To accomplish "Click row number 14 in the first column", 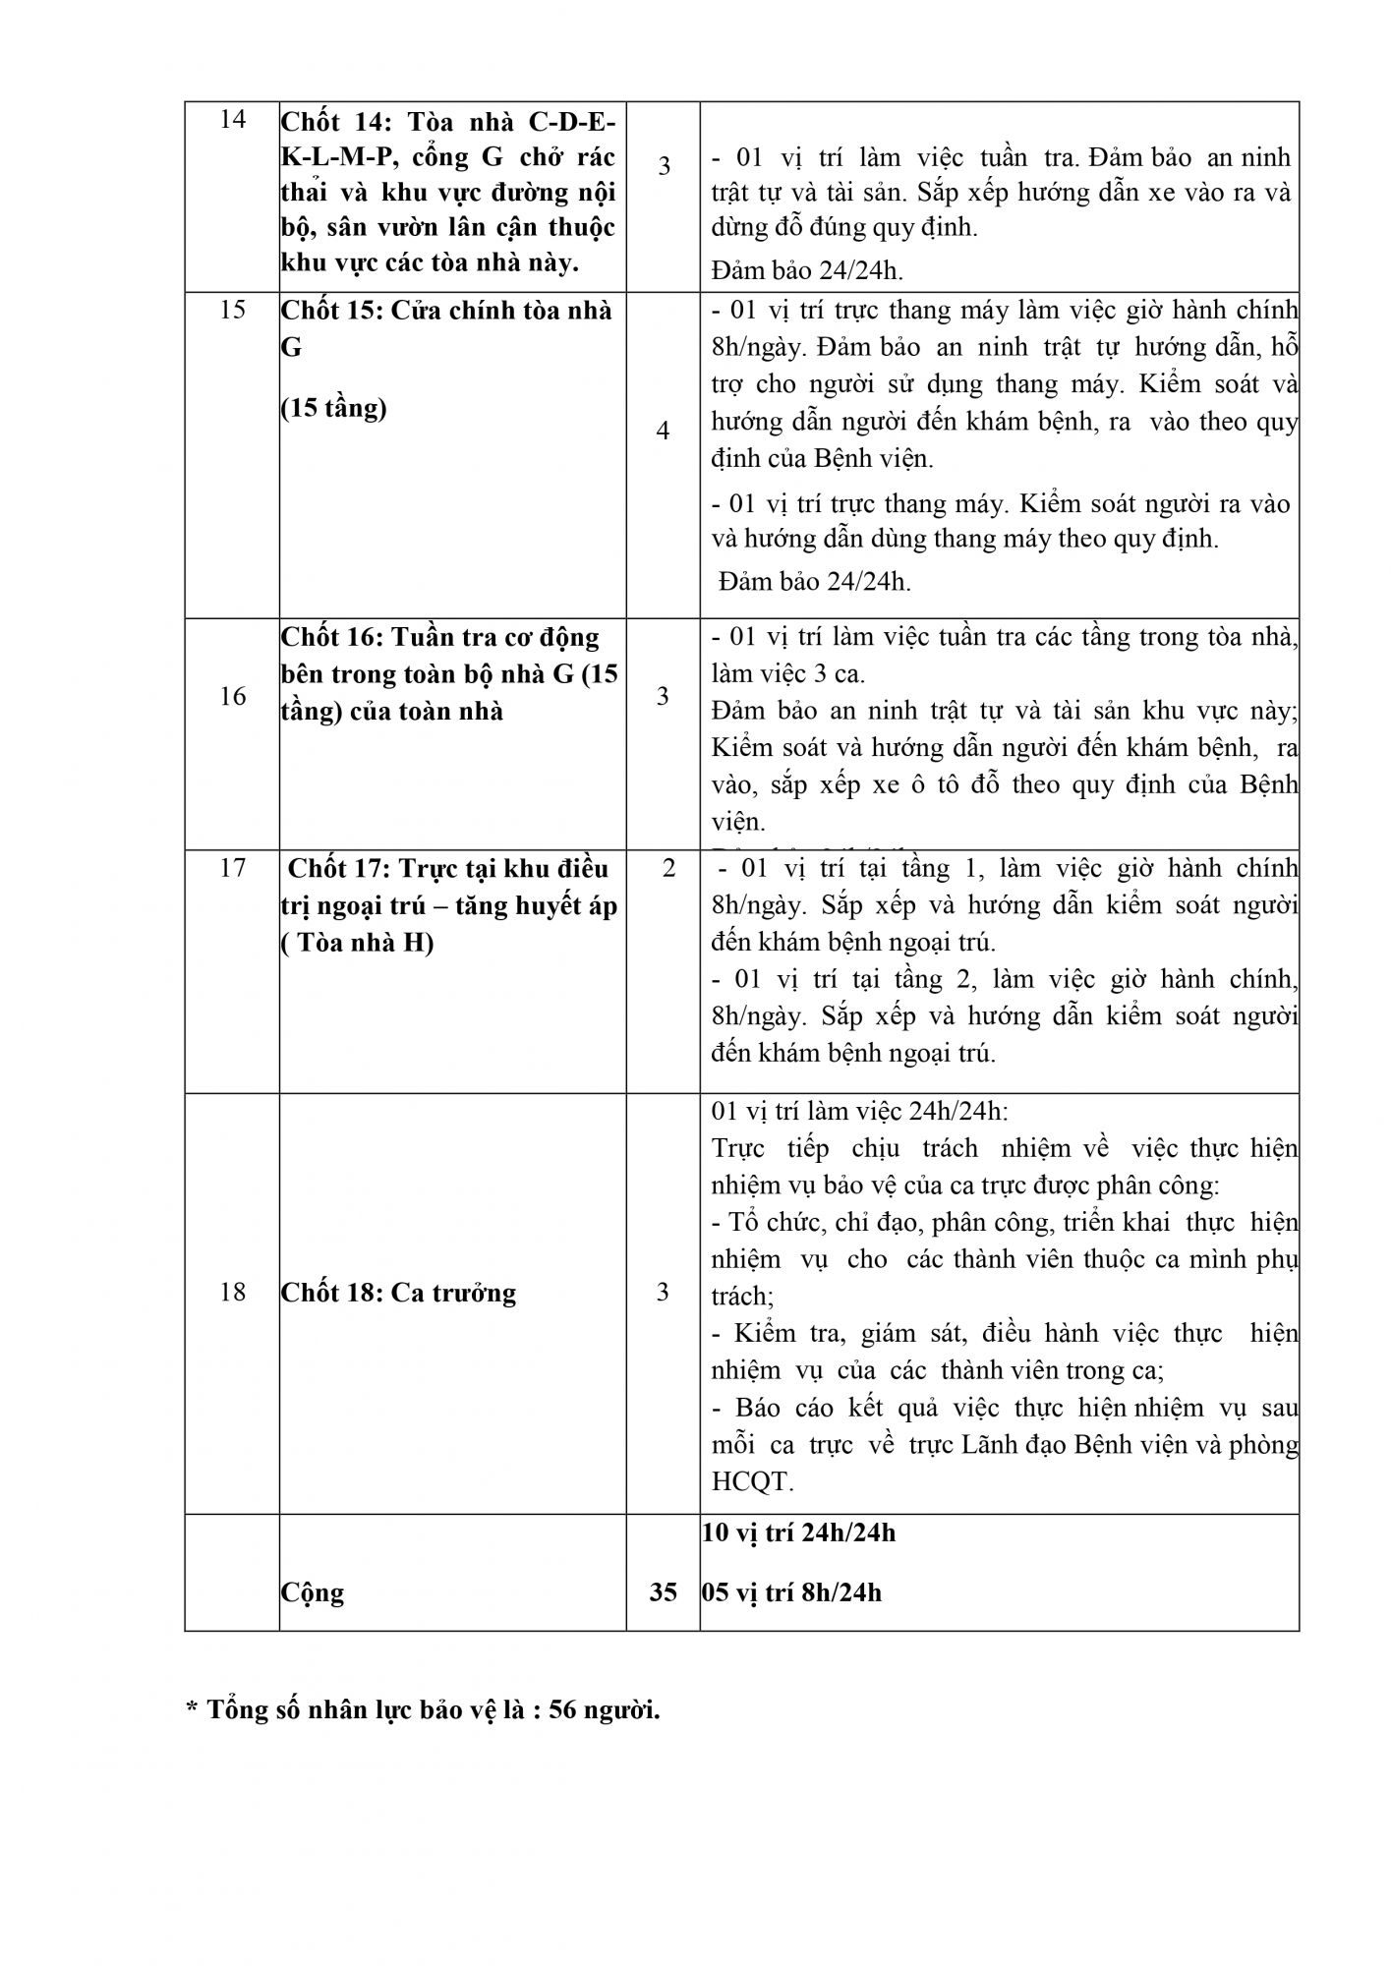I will pyautogui.click(x=232, y=120).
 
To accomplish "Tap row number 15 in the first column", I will pyautogui.click(x=232, y=310).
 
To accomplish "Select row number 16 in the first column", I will pyautogui.click(x=232, y=696).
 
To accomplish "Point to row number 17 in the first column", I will pyautogui.click(x=232, y=868).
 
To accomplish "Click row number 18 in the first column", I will pyautogui.click(x=232, y=1292).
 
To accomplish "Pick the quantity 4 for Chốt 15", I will pyautogui.click(x=664, y=431).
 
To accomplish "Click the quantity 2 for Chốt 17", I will pyautogui.click(x=669, y=868).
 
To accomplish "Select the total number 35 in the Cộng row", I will pyautogui.click(x=664, y=1591).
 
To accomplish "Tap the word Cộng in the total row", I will pyautogui.click(x=313, y=1591).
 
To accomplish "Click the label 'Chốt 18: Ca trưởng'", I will pyautogui.click(x=398, y=1292).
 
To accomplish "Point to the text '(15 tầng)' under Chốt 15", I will pyautogui.click(x=333, y=407).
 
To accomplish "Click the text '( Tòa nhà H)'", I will pyautogui.click(x=358, y=942).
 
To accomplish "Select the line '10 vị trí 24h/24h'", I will pyautogui.click(x=798, y=1532).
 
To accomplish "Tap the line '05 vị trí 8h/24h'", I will pyautogui.click(x=791, y=1591).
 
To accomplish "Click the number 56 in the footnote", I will pyautogui.click(x=562, y=1709).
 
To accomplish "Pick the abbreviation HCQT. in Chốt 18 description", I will pyautogui.click(x=752, y=1481).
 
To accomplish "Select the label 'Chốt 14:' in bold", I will pyautogui.click(x=324, y=121).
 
